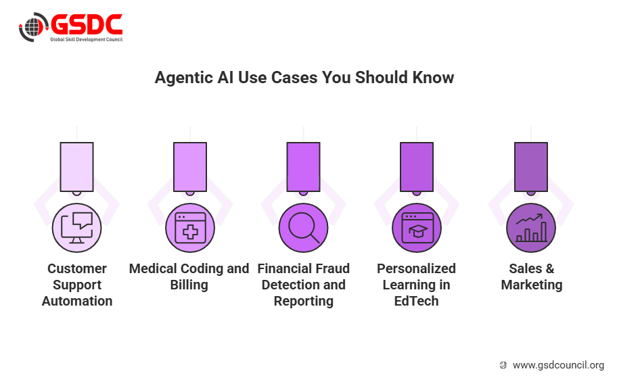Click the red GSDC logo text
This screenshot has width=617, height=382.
(87, 24)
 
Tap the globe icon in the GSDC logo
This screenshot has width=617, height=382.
(33, 27)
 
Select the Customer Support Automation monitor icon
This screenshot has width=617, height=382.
(76, 228)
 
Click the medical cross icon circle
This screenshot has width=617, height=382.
(190, 228)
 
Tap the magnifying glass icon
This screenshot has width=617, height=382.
(303, 228)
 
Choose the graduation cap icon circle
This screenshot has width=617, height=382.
(417, 228)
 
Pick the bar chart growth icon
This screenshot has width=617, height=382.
(531, 228)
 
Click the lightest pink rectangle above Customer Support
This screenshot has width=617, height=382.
(76, 167)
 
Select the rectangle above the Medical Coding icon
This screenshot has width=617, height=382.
(190, 167)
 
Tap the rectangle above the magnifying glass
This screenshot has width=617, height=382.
(303, 167)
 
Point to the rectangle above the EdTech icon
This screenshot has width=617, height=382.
(417, 167)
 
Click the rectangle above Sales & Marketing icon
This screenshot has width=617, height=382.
(531, 167)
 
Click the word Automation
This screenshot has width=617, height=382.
(77, 301)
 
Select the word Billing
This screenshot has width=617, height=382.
(189, 285)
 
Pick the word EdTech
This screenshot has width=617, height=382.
(416, 301)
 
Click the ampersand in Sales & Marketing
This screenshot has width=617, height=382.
(550, 268)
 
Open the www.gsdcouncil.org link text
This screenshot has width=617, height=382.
(558, 365)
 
